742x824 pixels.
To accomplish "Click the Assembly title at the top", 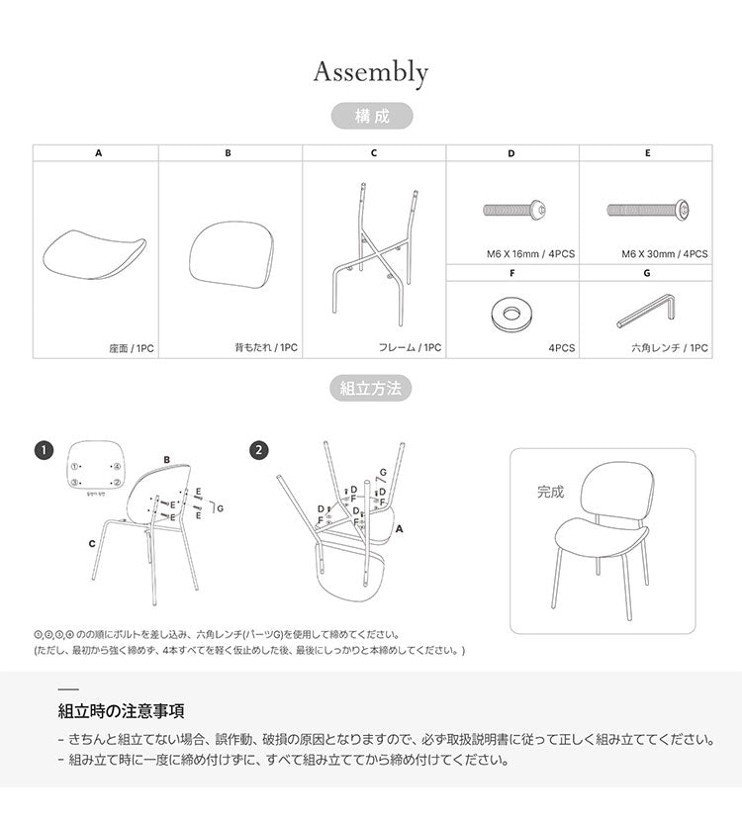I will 371,72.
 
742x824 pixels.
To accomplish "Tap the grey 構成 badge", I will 371,116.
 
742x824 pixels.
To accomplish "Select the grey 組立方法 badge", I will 371,388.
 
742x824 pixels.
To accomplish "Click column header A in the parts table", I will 97,153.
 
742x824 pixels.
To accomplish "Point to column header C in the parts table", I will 374,153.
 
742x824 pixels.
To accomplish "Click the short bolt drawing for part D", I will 512,210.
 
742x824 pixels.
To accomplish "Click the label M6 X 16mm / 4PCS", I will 530,254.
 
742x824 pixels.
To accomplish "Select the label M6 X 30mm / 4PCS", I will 664,254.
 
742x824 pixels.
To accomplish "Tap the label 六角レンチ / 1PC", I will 670,348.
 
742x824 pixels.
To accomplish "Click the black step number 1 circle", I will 43,450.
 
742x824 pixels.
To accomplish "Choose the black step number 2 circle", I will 258,450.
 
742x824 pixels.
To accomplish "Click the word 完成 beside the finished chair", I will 551,491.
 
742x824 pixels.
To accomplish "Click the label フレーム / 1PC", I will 410,348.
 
